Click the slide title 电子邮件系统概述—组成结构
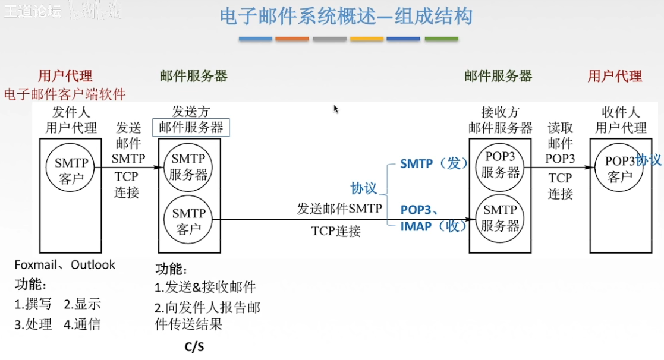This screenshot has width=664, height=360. point(346,16)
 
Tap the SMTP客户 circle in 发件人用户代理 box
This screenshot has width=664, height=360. point(71,169)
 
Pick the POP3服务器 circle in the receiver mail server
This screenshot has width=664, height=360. point(500,164)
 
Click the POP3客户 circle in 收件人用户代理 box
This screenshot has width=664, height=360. point(619,168)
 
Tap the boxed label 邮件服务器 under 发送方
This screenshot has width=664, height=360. point(191,127)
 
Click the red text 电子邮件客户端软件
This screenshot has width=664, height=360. point(65,94)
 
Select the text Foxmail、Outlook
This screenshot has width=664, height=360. point(65,264)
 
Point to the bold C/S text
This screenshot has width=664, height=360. point(194,346)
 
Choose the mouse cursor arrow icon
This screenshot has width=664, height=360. point(336,109)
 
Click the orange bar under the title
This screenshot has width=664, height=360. point(292,39)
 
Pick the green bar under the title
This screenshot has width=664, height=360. point(441,39)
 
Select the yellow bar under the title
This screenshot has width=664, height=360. point(367,39)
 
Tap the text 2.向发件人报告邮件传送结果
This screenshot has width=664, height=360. point(207,315)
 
